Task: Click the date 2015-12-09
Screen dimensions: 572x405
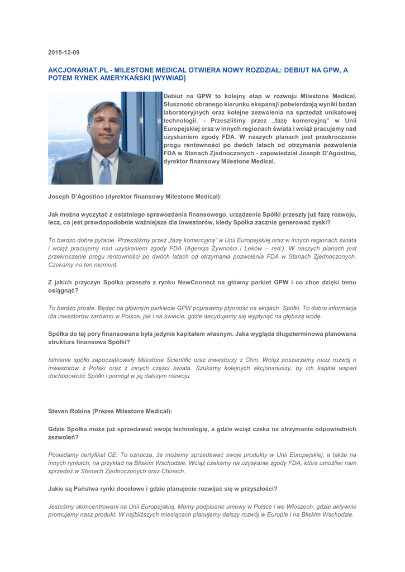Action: coord(64,53)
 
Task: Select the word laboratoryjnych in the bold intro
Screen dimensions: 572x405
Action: coord(193,113)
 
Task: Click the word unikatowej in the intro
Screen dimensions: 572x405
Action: coord(337,113)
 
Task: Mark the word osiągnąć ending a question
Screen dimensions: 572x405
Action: coord(62,290)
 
